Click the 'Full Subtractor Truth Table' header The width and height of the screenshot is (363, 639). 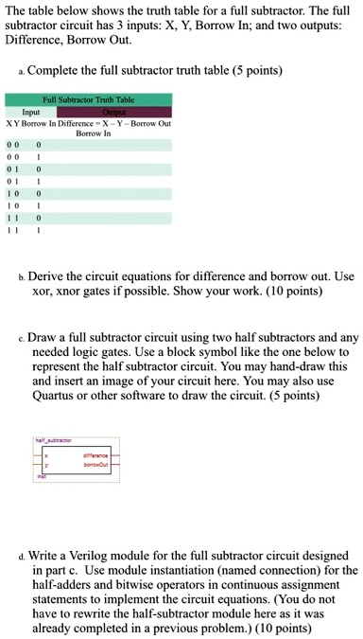tap(86, 98)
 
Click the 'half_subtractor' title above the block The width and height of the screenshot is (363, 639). tap(51, 440)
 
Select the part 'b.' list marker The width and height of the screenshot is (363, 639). tap(21, 277)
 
